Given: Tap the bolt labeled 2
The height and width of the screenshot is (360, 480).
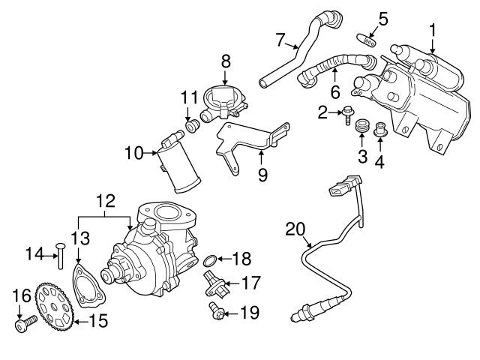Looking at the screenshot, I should pyautogui.click(x=349, y=115).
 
